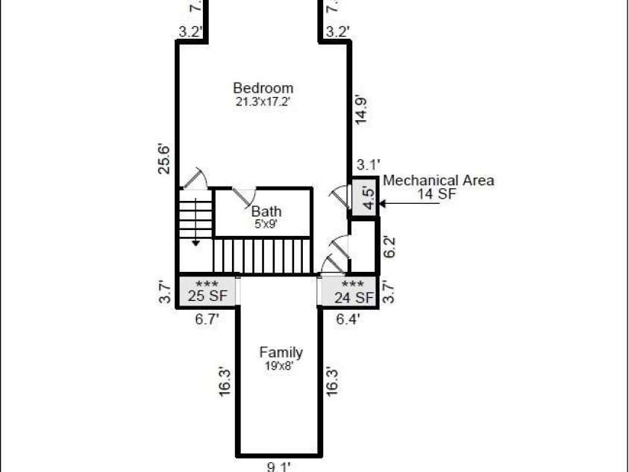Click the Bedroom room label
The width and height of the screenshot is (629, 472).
pos(263,87)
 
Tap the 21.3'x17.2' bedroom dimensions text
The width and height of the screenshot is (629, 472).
pos(263,101)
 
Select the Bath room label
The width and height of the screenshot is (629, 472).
pos(266,211)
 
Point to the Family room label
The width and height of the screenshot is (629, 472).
pos(281,353)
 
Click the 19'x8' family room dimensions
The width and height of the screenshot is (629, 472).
pos(281,366)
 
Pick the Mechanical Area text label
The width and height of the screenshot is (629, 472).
pos(439,180)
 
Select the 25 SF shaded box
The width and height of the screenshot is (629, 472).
pos(207,291)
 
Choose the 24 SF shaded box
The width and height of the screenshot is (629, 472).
pos(348,291)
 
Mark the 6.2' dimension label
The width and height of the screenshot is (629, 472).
pos(388,246)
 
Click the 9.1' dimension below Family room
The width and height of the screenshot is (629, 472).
pos(279,467)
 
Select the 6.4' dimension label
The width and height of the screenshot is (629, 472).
pos(348,319)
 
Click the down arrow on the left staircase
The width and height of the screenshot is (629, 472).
pos(195,239)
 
